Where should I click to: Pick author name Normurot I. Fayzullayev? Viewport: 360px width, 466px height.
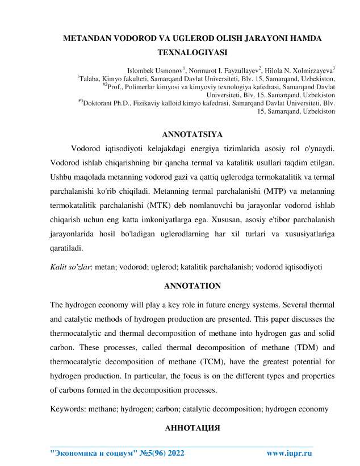tap(222, 68)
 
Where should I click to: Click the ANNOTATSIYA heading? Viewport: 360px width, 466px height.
tap(192, 135)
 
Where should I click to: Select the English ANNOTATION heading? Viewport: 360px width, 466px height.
tap(191, 285)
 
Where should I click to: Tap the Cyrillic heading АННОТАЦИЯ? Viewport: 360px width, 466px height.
tap(192, 428)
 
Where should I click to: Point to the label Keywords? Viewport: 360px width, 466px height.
tap(68, 409)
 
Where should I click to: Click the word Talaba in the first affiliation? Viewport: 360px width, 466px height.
tap(91, 78)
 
